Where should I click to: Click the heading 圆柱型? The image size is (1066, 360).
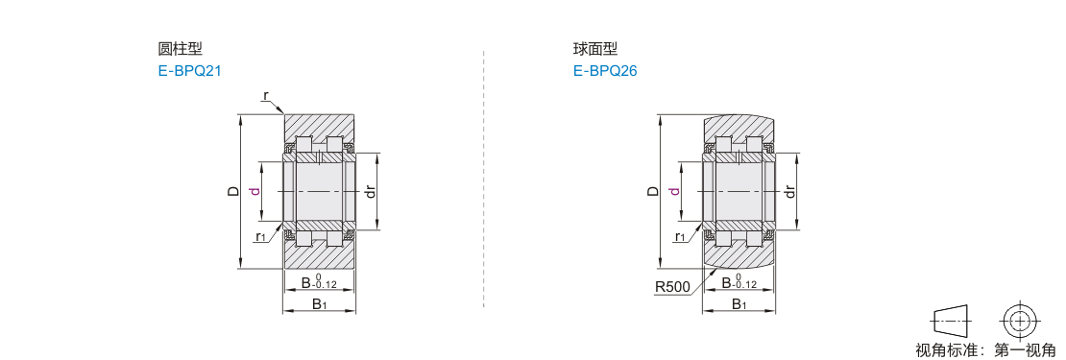tap(181, 49)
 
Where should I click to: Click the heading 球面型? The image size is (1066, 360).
tap(595, 49)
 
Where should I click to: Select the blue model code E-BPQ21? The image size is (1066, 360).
tap(190, 71)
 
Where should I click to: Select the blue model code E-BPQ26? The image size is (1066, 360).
tap(605, 71)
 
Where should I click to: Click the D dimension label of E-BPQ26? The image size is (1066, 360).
tap(653, 192)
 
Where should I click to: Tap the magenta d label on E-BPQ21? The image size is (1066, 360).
tap(254, 192)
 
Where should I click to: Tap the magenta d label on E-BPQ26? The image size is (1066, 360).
tap(674, 192)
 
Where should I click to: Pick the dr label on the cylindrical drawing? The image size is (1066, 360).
tap(371, 192)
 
